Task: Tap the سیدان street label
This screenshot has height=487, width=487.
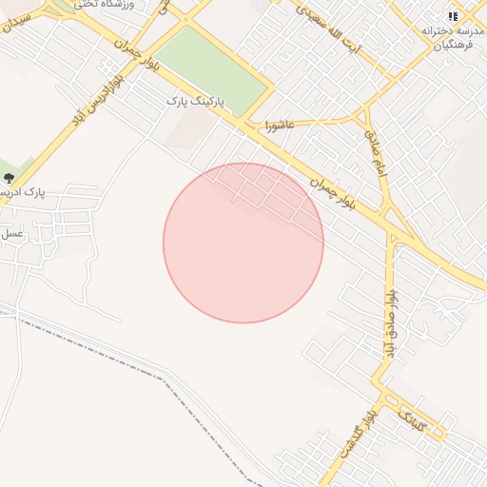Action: click(x=21, y=23)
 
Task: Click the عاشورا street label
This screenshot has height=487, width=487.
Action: click(x=285, y=124)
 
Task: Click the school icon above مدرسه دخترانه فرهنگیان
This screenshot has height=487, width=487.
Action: click(x=452, y=16)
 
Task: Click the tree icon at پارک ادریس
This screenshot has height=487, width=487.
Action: click(x=10, y=178)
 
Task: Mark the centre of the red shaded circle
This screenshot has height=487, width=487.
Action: click(x=243, y=243)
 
